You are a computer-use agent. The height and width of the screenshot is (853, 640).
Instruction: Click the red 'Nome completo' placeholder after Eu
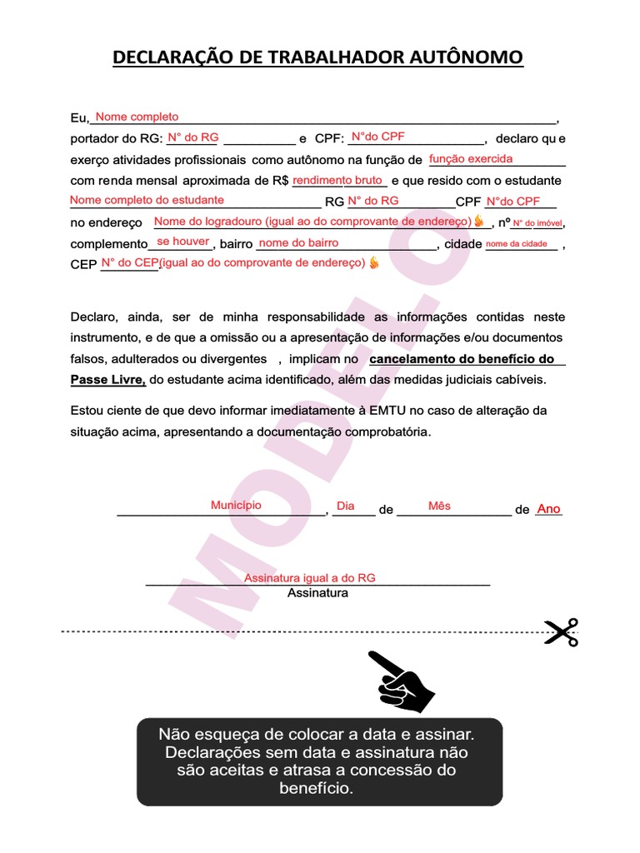(x=137, y=117)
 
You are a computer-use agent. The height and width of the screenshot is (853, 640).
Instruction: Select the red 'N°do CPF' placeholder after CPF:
(x=378, y=137)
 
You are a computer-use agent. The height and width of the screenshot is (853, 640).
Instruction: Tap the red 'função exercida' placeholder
(x=471, y=159)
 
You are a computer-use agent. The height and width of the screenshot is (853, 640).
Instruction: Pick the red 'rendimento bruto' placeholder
(x=337, y=180)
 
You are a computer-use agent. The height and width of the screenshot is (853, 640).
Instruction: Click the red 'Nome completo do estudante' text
(x=147, y=200)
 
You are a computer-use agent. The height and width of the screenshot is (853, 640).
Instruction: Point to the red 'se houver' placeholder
(x=183, y=242)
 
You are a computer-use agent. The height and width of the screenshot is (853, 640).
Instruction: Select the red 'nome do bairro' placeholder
(x=299, y=243)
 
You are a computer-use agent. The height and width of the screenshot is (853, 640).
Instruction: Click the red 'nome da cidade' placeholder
(x=517, y=244)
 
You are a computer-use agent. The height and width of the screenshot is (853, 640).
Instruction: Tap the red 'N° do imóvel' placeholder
(x=537, y=222)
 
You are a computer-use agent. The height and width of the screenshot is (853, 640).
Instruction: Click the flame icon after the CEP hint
(x=373, y=263)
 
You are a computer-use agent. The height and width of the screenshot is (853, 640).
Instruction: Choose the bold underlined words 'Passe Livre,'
(x=108, y=380)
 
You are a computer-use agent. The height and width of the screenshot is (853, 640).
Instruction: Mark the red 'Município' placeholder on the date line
(x=236, y=506)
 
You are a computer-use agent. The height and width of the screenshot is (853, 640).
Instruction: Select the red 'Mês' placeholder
(x=439, y=506)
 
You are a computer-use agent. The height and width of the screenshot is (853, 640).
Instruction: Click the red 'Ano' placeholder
(x=549, y=509)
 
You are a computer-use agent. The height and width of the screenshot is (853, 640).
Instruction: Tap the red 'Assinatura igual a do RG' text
(x=310, y=578)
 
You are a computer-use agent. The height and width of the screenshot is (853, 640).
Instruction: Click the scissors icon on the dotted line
(x=561, y=632)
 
